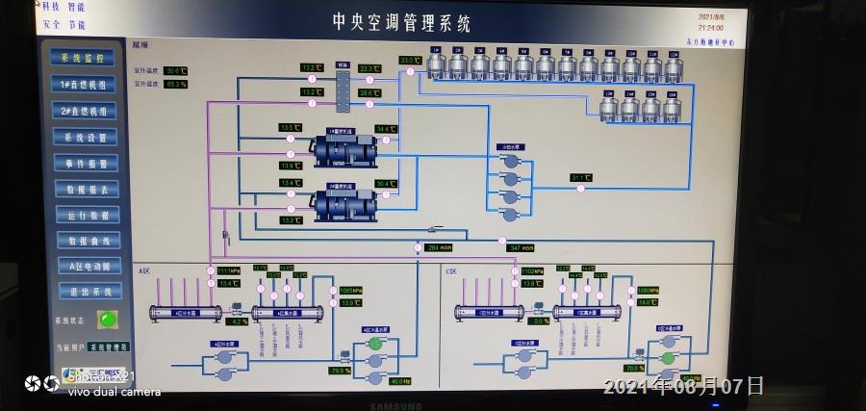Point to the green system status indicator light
click(x=108, y=319)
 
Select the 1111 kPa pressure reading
click(x=228, y=270)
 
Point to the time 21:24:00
click(x=711, y=28)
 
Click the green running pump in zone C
click(x=667, y=357)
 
